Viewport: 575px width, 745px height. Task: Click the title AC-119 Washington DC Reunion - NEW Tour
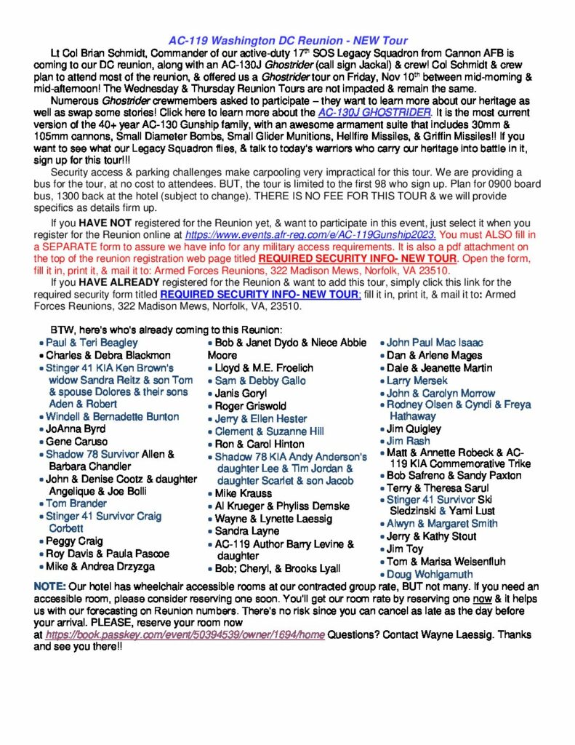tap(288, 41)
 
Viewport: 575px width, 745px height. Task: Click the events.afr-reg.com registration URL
tap(310, 235)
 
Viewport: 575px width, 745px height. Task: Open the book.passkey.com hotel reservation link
tap(185, 635)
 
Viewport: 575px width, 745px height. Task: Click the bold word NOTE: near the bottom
tap(49, 586)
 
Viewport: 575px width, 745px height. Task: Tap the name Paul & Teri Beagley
tap(92, 343)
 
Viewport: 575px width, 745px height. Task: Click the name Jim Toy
tap(405, 549)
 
